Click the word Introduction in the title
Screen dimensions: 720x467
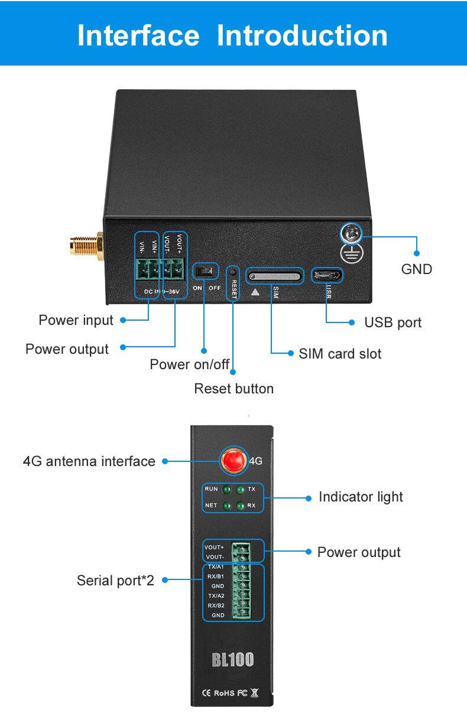point(302,35)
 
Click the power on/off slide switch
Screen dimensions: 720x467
point(205,271)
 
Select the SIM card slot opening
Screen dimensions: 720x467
point(275,275)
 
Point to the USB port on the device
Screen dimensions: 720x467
point(327,275)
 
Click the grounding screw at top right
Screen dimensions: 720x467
point(350,234)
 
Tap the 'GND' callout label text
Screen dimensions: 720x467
point(417,269)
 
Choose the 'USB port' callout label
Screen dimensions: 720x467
point(393,322)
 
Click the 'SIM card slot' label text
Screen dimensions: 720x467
point(340,354)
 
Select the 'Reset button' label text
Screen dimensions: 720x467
point(234,389)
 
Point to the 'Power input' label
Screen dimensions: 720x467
point(76,320)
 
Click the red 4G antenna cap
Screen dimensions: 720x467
point(234,461)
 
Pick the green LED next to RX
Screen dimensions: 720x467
point(240,506)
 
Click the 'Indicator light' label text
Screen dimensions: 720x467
point(361,497)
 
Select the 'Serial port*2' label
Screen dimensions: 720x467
point(115,581)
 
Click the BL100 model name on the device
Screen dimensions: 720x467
point(232,659)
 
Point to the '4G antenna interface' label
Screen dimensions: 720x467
point(89,461)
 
